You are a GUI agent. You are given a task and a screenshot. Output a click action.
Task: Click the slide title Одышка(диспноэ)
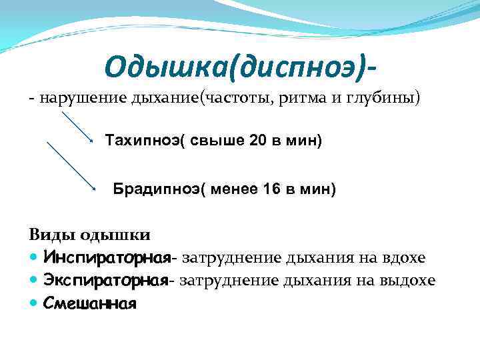244,66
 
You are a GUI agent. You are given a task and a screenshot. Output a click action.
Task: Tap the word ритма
303,99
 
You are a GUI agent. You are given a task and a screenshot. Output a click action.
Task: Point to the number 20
257,141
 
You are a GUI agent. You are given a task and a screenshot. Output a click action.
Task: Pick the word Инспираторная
104,257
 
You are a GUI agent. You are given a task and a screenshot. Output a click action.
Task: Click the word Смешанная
89,304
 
